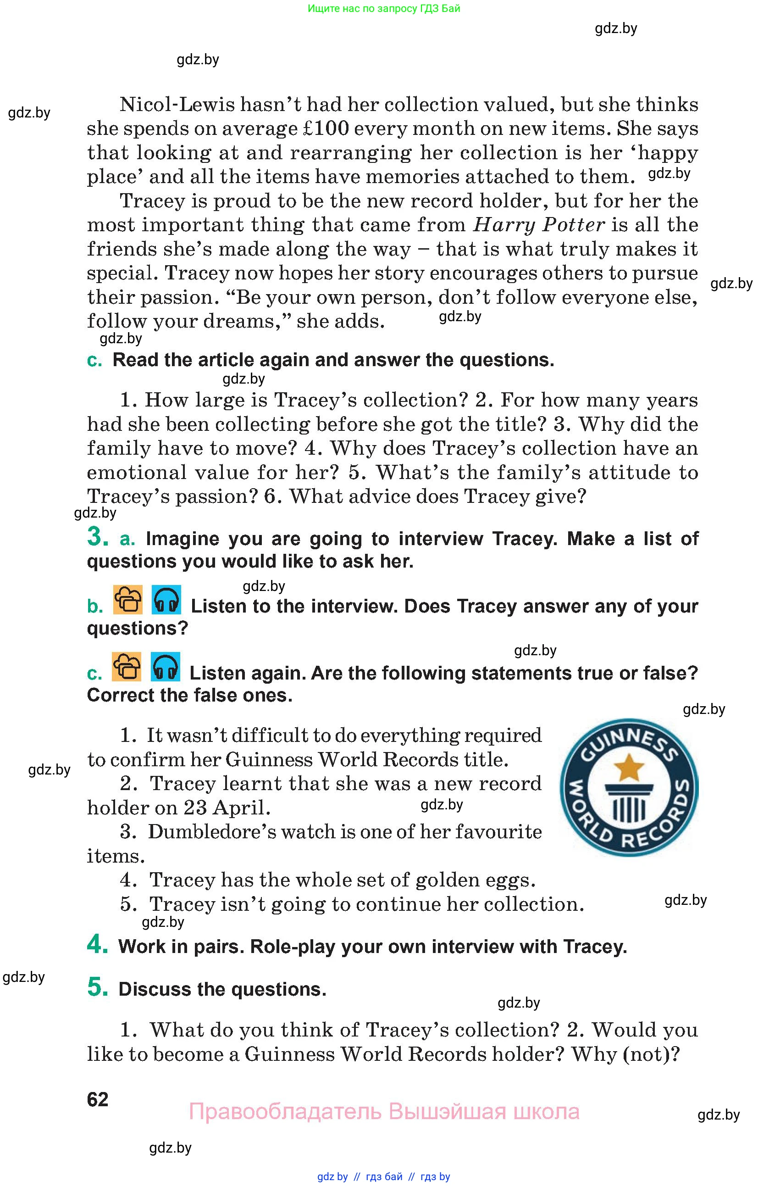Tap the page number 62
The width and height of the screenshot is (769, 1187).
click(x=97, y=1099)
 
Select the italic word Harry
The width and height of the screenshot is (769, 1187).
click(x=504, y=225)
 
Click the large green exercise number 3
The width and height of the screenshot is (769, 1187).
click(x=97, y=537)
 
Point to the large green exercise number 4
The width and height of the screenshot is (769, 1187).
click(x=97, y=944)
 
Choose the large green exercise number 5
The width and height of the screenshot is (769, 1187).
click(x=97, y=987)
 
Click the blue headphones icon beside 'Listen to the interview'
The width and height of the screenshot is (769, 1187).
click(x=166, y=600)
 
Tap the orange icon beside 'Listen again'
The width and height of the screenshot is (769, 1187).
click(x=127, y=667)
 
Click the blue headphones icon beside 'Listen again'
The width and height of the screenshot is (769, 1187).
click(x=165, y=667)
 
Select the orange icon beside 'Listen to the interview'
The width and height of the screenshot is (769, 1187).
click(x=128, y=600)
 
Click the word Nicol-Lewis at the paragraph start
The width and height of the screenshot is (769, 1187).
click(x=177, y=105)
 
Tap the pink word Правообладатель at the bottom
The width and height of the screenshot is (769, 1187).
click(x=285, y=1112)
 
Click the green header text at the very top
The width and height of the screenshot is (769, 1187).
click(x=384, y=8)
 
